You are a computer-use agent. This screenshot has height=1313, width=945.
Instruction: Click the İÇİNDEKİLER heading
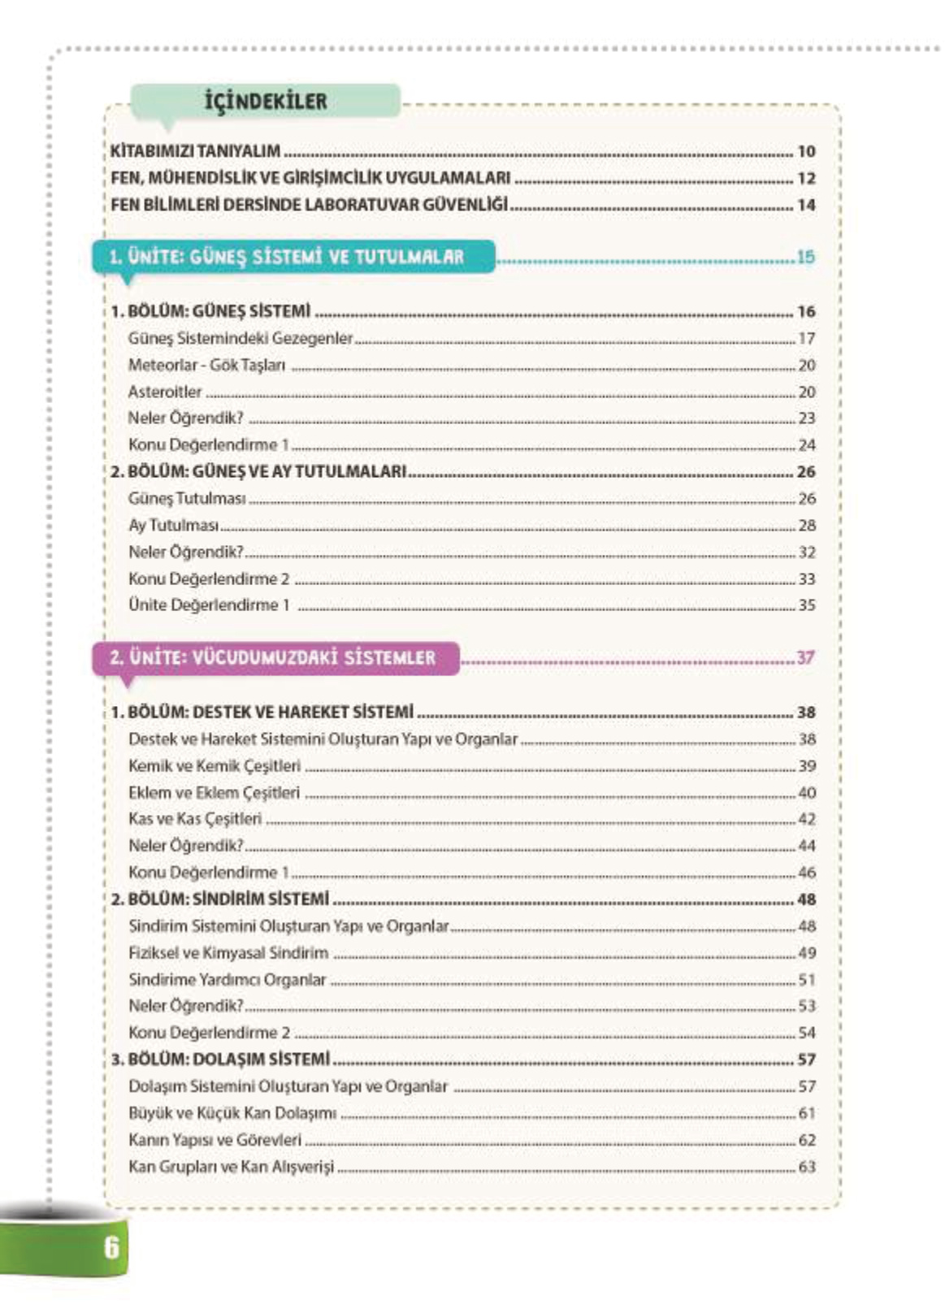(266, 102)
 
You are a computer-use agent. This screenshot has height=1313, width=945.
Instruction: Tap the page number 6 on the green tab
(111, 1246)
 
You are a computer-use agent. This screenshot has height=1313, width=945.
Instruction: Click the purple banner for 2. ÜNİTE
(274, 657)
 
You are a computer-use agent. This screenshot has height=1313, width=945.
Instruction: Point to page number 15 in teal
(804, 257)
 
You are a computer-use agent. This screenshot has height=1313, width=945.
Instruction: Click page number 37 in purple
(804, 657)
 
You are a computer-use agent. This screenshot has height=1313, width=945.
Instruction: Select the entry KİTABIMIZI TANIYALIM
(196, 151)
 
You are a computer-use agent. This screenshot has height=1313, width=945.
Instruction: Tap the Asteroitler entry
(165, 392)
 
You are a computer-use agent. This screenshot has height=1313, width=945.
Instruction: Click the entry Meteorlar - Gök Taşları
(206, 365)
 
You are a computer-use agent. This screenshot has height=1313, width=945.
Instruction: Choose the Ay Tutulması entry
(173, 526)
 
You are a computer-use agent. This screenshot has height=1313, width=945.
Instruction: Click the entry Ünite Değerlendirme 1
(209, 605)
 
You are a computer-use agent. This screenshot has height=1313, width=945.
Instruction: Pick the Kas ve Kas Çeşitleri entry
(195, 819)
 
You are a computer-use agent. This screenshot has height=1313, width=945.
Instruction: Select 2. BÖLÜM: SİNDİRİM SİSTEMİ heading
(220, 899)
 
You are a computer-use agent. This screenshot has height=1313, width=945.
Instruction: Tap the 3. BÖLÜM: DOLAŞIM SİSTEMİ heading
(221, 1059)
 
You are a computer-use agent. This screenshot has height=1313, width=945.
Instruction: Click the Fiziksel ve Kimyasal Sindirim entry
(228, 953)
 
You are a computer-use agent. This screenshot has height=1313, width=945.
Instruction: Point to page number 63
(806, 1167)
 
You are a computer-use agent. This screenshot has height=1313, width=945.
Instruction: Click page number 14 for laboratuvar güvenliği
(805, 205)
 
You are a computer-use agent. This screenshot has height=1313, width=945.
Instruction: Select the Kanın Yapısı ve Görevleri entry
(215, 1140)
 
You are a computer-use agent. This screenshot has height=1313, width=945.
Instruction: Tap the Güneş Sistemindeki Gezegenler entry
(241, 338)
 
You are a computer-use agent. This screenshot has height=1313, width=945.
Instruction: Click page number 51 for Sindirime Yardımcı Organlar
(806, 980)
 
